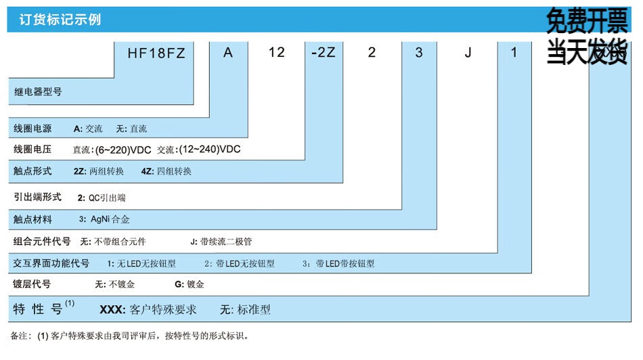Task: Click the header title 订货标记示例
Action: pos(56,19)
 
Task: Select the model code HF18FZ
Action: pos(156,53)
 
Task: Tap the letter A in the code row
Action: pos(228,53)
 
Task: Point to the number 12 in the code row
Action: pos(276,52)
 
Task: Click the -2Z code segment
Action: pos(324,53)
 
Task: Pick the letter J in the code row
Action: pos(468,53)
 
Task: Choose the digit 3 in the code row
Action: pos(419,53)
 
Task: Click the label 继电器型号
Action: pos(38,91)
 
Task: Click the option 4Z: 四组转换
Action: pos(167,171)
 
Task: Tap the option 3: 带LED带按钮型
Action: pos(338,264)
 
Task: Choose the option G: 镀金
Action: pos(190,285)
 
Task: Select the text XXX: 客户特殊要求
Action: pos(148,310)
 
